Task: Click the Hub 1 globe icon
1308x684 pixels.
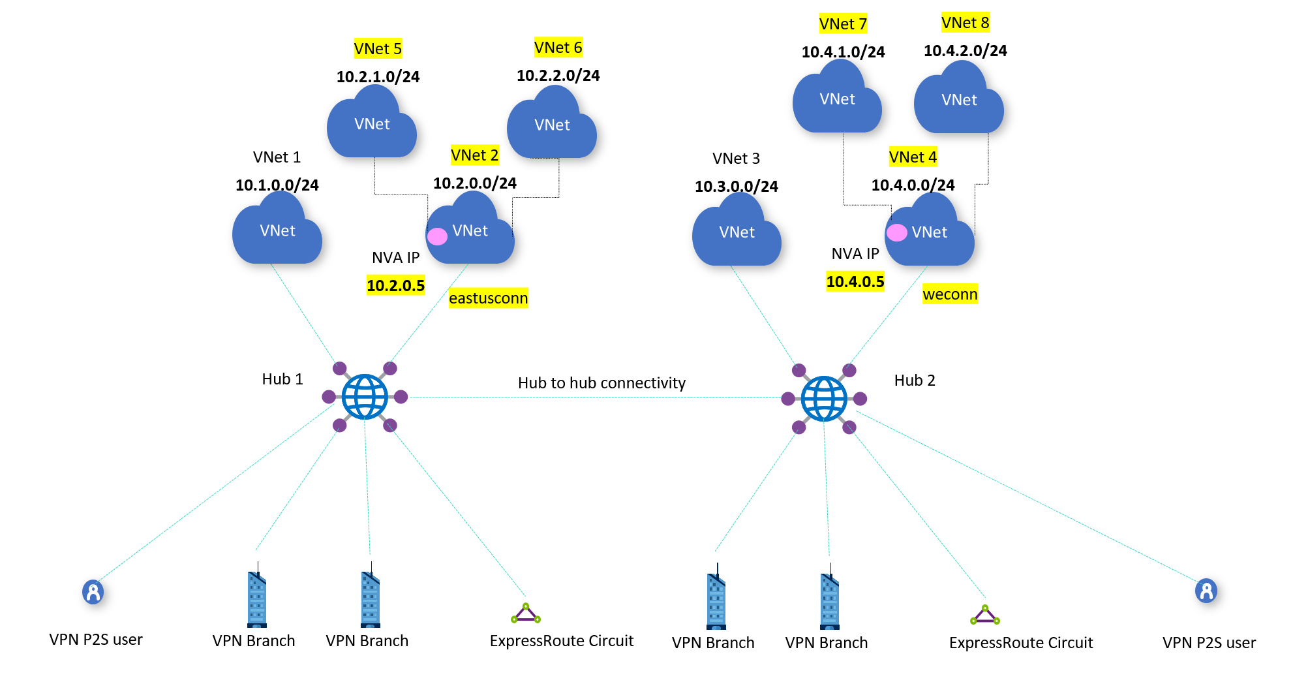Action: click(365, 397)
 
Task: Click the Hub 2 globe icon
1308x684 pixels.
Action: click(824, 399)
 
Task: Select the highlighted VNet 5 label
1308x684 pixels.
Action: click(378, 48)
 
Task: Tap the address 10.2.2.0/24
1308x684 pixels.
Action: click(558, 76)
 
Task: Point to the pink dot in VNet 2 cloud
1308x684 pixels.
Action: click(437, 236)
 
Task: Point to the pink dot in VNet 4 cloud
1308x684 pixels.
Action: click(897, 232)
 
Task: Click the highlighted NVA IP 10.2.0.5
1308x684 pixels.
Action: click(395, 285)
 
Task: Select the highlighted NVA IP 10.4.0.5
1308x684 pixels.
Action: click(855, 282)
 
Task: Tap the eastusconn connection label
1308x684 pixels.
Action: click(488, 298)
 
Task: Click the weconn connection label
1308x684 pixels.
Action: click(950, 294)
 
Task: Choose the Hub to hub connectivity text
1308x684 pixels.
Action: click(601, 383)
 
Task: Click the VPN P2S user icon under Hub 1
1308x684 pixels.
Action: click(93, 592)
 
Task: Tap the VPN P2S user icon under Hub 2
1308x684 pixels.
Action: click(1206, 591)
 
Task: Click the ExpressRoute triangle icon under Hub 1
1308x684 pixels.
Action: click(525, 614)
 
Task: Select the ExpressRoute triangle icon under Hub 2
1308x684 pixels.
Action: click(984, 615)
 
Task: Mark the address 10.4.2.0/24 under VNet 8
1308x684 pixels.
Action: click(965, 51)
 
